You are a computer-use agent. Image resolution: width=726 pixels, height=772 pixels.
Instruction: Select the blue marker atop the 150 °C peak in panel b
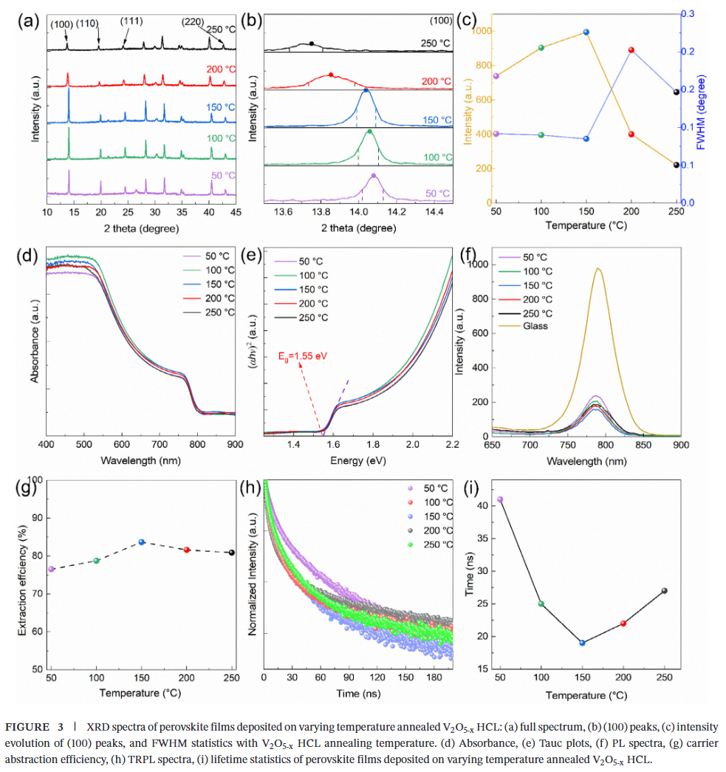366,91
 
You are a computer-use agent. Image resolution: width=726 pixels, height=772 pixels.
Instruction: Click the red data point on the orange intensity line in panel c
631,134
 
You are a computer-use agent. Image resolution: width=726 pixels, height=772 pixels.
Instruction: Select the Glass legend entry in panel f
535,326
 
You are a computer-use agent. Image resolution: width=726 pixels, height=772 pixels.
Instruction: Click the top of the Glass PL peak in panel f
597,269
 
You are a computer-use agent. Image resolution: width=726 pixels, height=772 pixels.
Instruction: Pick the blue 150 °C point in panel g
142,542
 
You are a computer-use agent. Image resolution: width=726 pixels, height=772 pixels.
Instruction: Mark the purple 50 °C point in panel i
500,499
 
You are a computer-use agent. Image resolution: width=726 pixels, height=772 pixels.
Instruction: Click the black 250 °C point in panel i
665,590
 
